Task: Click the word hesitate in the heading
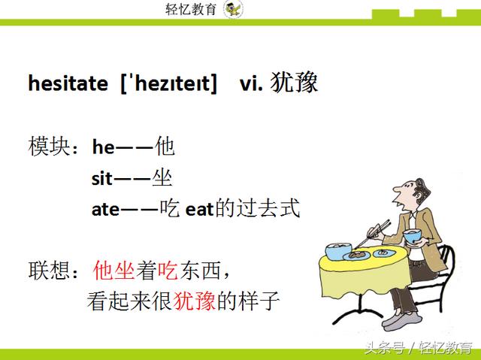tap(68, 83)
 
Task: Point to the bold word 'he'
tap(103, 147)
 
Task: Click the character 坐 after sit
tap(162, 178)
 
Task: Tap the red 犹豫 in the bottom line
tap(195, 302)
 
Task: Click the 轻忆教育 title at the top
tap(190, 10)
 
